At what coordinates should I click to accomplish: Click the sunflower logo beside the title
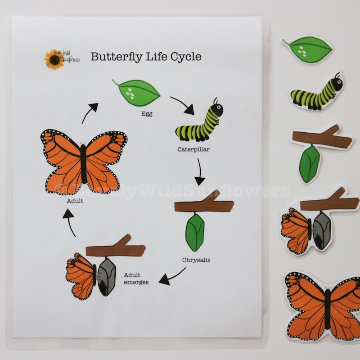click(x=54, y=59)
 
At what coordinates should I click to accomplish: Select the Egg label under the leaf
click(x=146, y=114)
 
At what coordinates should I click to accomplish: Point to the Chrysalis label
click(x=196, y=260)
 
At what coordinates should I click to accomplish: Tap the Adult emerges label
click(x=135, y=278)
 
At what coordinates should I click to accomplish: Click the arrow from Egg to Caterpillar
click(x=182, y=104)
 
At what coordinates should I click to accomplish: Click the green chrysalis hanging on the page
click(x=195, y=232)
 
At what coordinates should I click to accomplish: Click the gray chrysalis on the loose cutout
click(x=322, y=230)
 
